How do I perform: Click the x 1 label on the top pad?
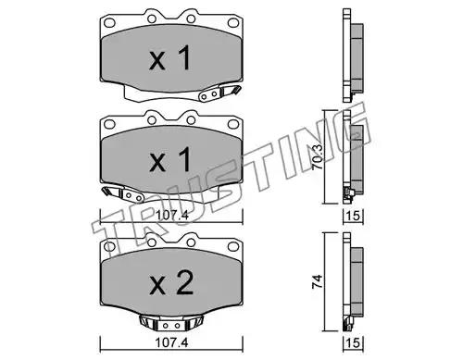(x=170, y=57)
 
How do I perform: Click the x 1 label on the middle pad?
(x=170, y=159)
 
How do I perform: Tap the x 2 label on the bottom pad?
(x=171, y=282)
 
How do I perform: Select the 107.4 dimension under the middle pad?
(x=171, y=215)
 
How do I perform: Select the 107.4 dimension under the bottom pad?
(x=171, y=342)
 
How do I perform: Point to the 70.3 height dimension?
(x=317, y=157)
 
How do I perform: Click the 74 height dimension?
(x=317, y=281)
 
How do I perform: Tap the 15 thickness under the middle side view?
(x=353, y=216)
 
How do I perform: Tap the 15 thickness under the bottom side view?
(x=353, y=342)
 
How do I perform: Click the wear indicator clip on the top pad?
(x=219, y=93)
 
